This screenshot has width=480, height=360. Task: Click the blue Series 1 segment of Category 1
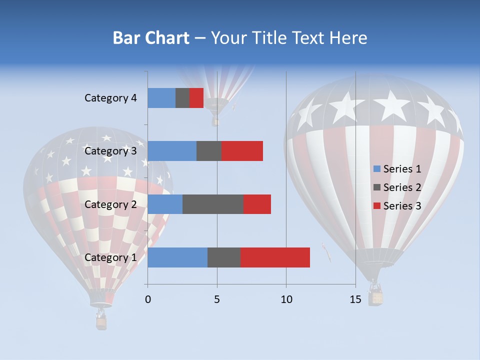pos(177,257)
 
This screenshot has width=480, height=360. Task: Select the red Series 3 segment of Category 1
pos(275,257)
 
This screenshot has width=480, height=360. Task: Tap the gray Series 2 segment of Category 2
pos(213,204)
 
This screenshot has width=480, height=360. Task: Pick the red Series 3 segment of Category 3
pos(242,151)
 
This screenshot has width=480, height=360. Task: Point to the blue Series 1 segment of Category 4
pos(161,98)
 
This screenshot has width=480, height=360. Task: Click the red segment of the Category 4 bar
pos(196,98)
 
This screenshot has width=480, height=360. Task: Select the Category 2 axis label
pos(110,204)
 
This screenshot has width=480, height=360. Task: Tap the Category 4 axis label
pos(110,98)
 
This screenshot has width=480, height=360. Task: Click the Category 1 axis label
pos(110,257)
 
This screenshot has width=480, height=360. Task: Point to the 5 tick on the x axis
pos(217,299)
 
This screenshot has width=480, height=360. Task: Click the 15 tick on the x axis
pos(355,299)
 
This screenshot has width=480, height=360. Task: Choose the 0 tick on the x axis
pos(148,299)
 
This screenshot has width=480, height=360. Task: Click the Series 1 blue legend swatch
pos(376,169)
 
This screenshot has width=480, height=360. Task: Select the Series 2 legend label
pos(402,187)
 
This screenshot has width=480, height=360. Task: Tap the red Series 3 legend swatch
pos(376,206)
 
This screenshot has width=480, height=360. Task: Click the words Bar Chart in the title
pos(150,38)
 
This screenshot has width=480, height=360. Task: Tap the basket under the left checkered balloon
pos(101,323)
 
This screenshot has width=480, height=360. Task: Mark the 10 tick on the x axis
pos(286,299)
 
